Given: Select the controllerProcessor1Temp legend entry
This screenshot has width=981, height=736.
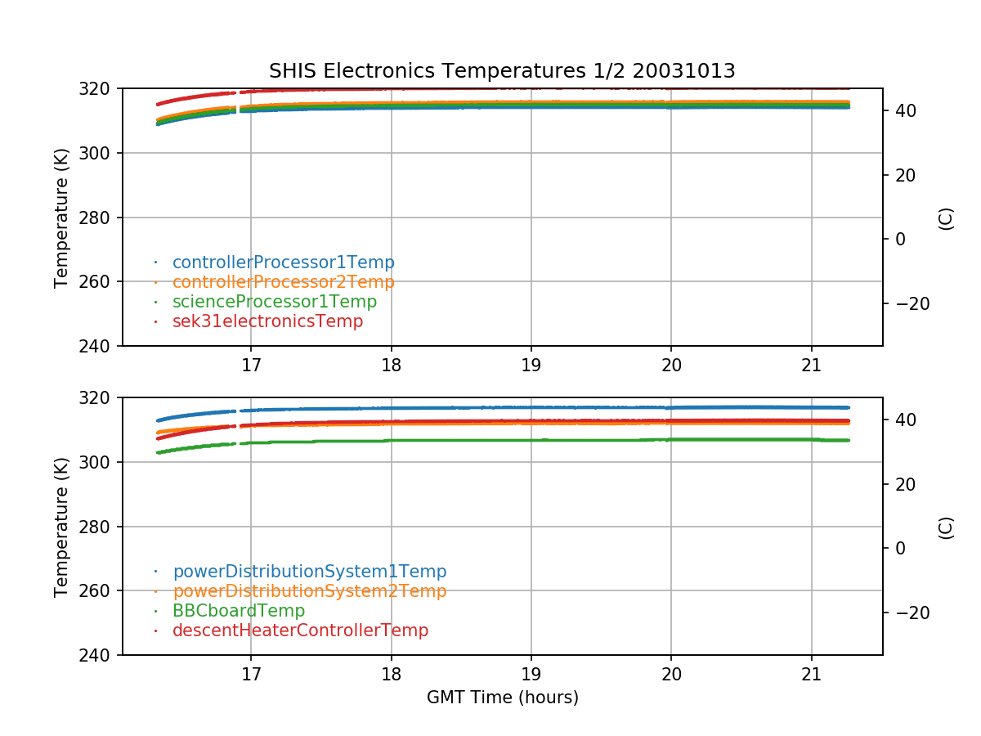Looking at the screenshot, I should (x=283, y=263).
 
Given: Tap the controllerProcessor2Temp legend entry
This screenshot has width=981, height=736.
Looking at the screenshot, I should (x=283, y=282).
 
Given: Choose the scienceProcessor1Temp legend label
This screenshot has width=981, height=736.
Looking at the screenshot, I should (x=275, y=302).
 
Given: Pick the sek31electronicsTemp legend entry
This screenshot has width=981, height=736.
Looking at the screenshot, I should (x=267, y=321).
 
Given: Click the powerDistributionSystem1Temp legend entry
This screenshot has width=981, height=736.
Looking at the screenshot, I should (x=309, y=572).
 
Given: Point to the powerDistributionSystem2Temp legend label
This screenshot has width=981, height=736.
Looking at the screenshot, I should (x=309, y=591).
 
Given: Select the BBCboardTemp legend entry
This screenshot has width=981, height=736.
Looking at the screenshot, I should (x=238, y=611).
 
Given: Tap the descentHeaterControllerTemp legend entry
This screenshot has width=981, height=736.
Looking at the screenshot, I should (x=300, y=631).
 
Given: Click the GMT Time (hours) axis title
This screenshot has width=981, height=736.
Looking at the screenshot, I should (x=502, y=698).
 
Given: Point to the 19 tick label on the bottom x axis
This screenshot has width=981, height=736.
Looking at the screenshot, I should (x=531, y=673).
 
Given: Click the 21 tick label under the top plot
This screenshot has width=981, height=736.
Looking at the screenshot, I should (x=811, y=364).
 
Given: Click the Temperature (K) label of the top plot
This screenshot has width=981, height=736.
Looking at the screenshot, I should (x=61, y=217).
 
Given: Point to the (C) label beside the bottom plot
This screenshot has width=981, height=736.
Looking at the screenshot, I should (x=946, y=527).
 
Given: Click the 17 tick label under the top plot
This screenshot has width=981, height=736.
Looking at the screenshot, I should (x=251, y=364).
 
